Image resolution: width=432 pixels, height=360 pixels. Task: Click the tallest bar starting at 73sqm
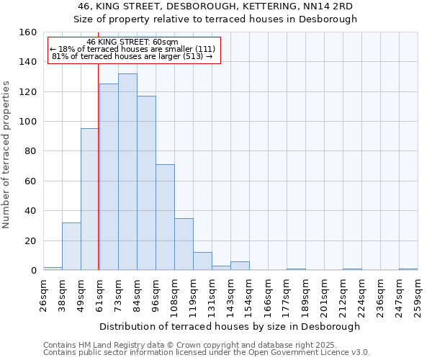[127, 172]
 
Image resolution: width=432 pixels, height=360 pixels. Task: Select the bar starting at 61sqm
[109, 177]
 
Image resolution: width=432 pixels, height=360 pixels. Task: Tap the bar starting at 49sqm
[89, 199]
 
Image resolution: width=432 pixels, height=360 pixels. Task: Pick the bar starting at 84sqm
[146, 183]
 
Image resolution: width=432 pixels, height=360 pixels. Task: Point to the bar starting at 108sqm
[184, 244]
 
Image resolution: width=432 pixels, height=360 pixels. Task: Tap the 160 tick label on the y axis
[29, 32]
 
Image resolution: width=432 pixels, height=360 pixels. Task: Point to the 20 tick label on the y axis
[31, 240]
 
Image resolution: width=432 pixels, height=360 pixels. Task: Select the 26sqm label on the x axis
[43, 295]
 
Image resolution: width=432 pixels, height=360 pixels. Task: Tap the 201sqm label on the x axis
[324, 295]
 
